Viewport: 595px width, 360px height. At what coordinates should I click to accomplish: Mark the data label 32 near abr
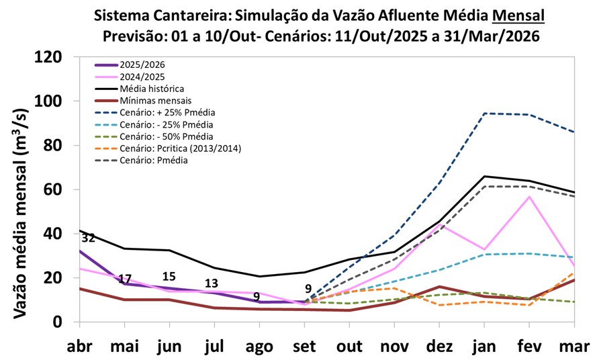(x=88, y=238)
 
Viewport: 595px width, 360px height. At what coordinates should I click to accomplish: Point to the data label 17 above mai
(x=124, y=279)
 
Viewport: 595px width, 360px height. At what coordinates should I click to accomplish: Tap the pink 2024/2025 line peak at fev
(x=530, y=196)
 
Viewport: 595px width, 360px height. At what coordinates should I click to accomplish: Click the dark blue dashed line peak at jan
(x=485, y=114)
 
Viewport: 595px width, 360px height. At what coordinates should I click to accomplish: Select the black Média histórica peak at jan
(x=485, y=176)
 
